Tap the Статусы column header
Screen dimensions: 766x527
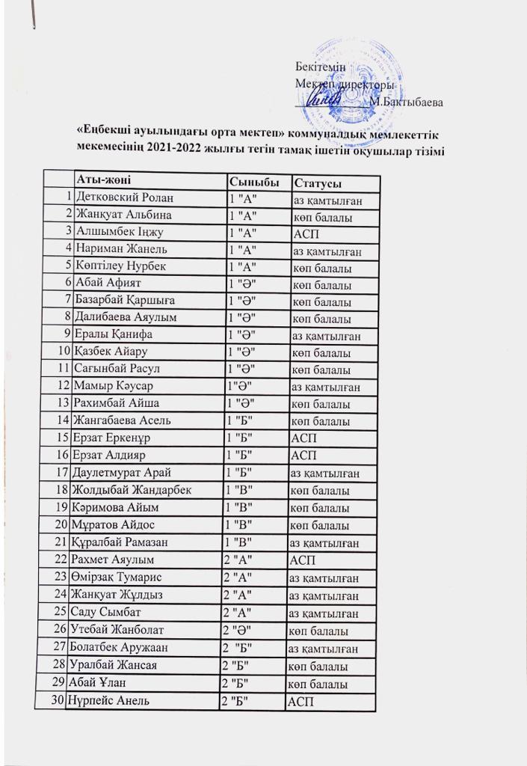[318, 183]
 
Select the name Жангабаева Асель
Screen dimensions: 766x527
[120, 420]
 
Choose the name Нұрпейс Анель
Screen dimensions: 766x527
[106, 701]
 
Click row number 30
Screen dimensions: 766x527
[60, 701]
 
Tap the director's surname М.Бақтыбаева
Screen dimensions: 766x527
[407, 100]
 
